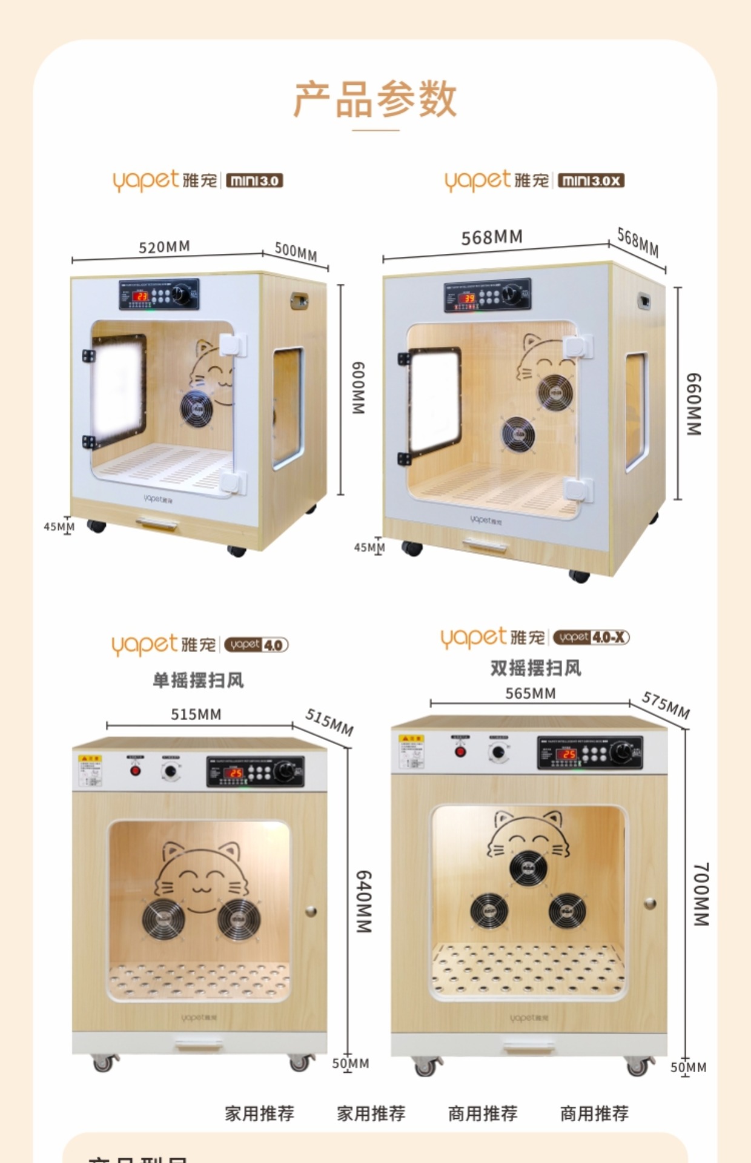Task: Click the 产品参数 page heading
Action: tap(375, 99)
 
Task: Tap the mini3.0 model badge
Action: tap(254, 181)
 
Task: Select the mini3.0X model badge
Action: tap(591, 181)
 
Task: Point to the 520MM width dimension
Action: tap(164, 247)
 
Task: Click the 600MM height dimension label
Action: tap(359, 388)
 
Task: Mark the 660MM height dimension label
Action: tap(693, 404)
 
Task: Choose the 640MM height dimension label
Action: tap(363, 901)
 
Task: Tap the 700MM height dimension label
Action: tap(700, 894)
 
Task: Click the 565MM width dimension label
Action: tap(531, 694)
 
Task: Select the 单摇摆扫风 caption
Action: tap(198, 680)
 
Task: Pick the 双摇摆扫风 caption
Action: tap(535, 668)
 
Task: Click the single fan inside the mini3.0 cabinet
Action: tap(196, 408)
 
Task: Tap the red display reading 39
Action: tap(469, 298)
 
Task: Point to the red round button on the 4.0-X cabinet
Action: tap(460, 752)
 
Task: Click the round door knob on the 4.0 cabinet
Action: tap(311, 910)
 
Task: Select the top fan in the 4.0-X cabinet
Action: tap(528, 867)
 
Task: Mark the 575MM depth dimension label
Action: tap(666, 705)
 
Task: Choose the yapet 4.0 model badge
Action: tap(256, 644)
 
